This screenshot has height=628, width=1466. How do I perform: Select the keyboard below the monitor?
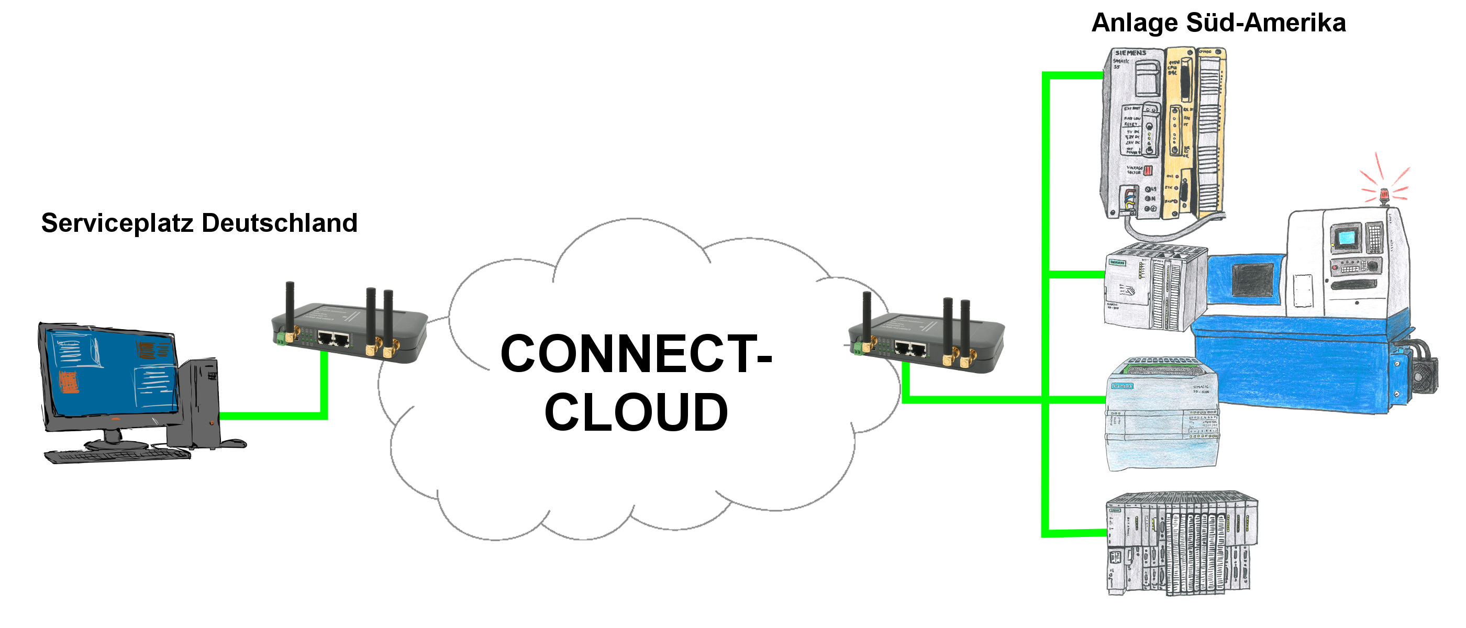(117, 456)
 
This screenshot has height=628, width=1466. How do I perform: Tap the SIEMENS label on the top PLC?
(1130, 53)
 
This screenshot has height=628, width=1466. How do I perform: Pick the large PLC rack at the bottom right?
(1181, 543)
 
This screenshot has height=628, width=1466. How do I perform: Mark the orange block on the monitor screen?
(68, 382)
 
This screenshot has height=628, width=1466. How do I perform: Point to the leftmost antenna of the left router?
(290, 307)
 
